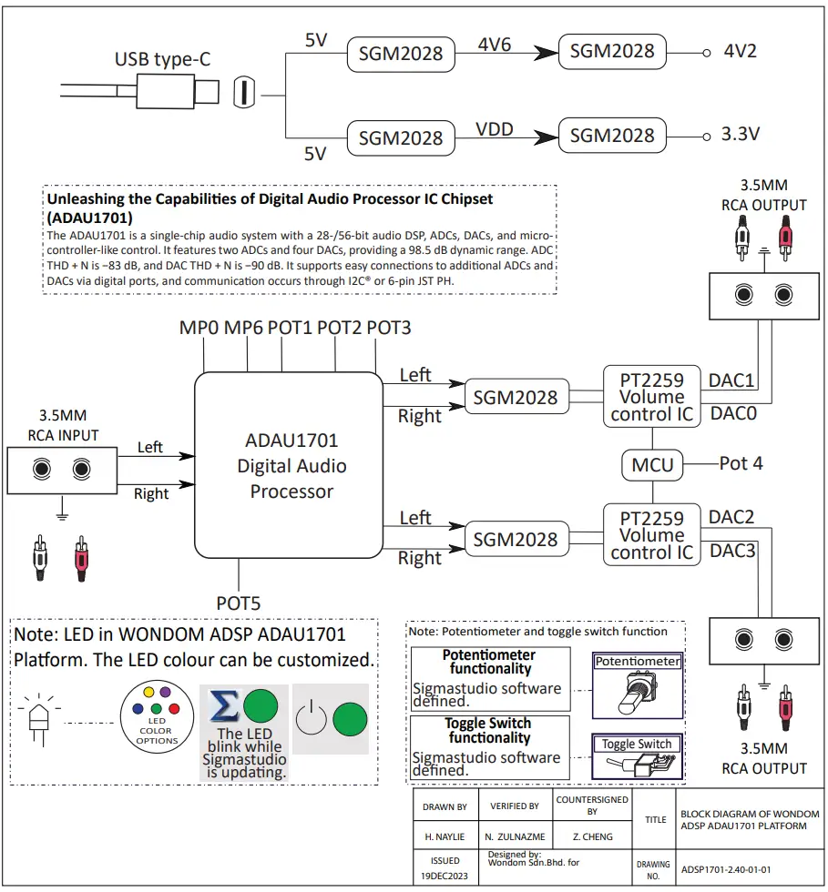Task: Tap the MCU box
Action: [652, 464]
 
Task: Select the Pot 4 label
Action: [741, 463]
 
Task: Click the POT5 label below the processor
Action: [239, 602]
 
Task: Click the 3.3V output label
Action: [741, 135]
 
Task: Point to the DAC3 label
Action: [731, 550]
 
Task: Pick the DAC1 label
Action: [731, 380]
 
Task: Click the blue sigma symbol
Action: [224, 707]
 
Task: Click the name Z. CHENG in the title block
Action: [591, 836]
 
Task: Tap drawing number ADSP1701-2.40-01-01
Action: [726, 868]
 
